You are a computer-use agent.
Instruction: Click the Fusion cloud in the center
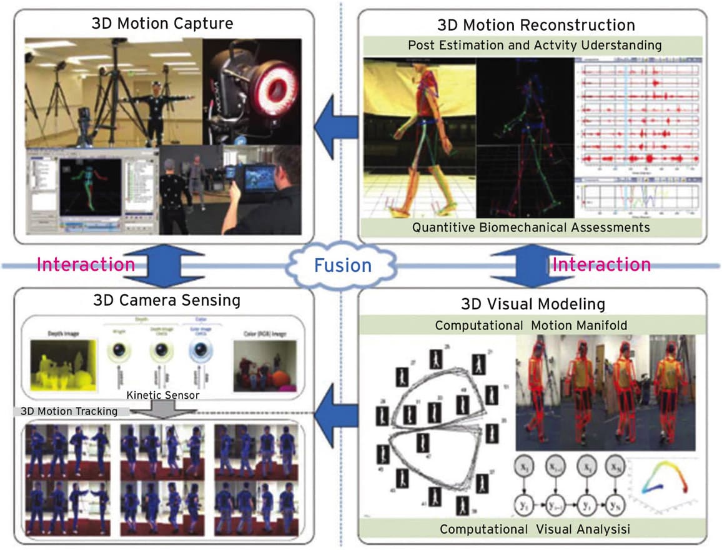(342, 266)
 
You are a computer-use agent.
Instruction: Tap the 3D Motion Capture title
(162, 24)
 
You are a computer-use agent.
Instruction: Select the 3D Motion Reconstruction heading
(537, 24)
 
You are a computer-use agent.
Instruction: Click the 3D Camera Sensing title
(166, 300)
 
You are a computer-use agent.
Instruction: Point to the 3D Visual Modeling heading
(533, 304)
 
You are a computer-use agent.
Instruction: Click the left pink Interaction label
(86, 264)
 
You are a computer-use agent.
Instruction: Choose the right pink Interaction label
(601, 264)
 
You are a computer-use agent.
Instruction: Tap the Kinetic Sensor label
(164, 395)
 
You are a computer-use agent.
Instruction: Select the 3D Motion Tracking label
(69, 411)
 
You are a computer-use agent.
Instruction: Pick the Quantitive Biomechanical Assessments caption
(531, 227)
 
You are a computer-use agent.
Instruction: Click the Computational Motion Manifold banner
(532, 325)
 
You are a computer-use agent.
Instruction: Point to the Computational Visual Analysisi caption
(535, 529)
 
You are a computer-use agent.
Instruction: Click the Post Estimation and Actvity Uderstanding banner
(535, 45)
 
